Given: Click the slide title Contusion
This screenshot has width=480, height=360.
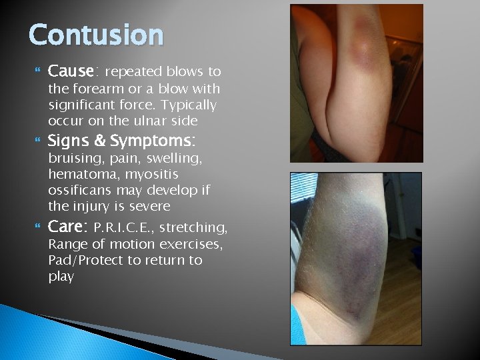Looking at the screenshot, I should tap(96, 35).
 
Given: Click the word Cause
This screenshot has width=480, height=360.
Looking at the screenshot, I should tap(73, 71).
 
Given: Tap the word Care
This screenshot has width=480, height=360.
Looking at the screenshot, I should tap(68, 227).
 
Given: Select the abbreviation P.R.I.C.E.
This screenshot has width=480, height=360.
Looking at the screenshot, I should tap(126, 228).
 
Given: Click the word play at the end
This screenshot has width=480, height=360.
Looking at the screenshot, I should tap(61, 276).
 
